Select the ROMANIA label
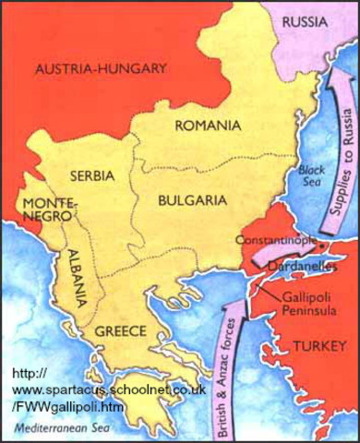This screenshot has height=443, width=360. (x=210, y=124)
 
